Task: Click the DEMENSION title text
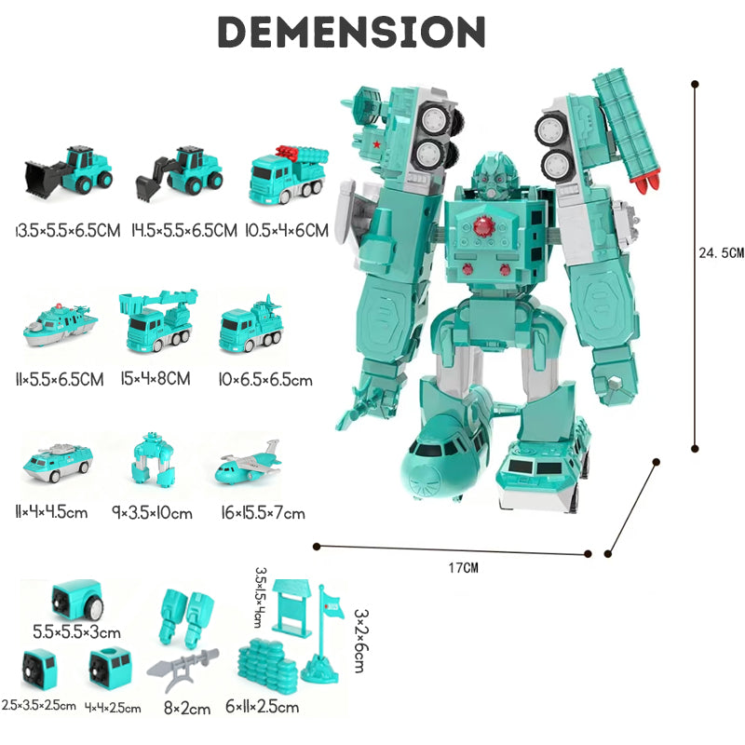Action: click(352, 33)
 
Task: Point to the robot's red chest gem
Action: click(482, 225)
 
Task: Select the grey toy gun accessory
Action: click(190, 662)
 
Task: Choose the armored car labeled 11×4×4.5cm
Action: click(58, 460)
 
